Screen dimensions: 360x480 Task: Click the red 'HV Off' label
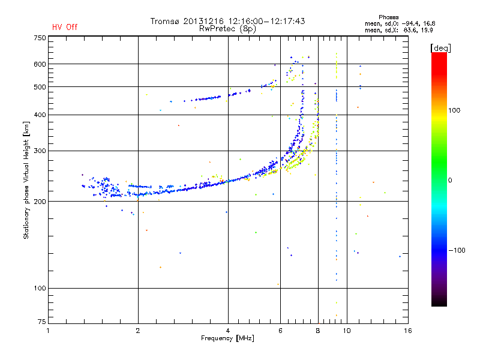click(x=65, y=27)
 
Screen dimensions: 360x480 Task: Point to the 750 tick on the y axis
click(x=40, y=38)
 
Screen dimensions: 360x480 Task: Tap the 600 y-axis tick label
click(x=40, y=64)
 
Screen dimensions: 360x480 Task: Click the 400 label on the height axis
click(x=40, y=115)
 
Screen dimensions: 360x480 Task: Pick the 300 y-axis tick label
click(x=40, y=151)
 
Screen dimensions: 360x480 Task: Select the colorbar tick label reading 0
click(x=451, y=180)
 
